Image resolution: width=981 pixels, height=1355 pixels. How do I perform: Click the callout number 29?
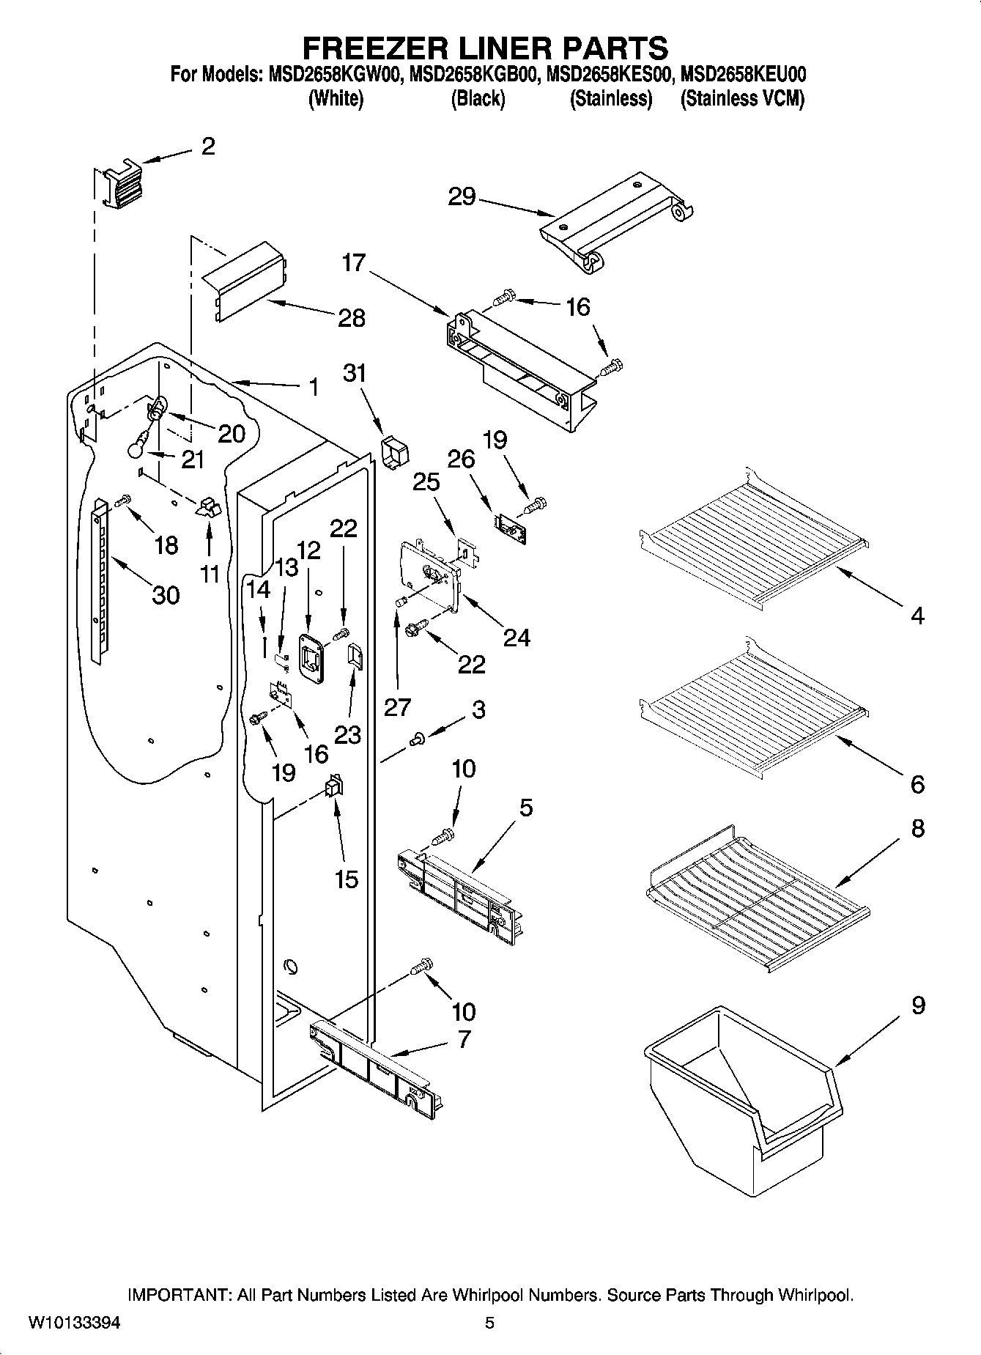(462, 197)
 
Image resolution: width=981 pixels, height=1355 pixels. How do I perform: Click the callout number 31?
(355, 373)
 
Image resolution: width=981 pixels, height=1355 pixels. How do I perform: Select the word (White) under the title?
(336, 99)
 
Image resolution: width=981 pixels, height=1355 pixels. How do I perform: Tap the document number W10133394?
(75, 1323)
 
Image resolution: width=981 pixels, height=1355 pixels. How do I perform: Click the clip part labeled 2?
(120, 185)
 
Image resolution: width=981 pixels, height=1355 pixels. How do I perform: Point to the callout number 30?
(166, 595)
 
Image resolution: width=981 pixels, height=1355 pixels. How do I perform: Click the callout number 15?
(346, 879)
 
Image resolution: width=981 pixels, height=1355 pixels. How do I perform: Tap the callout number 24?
(517, 638)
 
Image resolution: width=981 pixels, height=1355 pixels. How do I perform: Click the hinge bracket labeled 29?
(615, 220)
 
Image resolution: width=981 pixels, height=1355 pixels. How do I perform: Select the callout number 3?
(478, 709)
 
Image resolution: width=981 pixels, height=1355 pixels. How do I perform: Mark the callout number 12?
(309, 550)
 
